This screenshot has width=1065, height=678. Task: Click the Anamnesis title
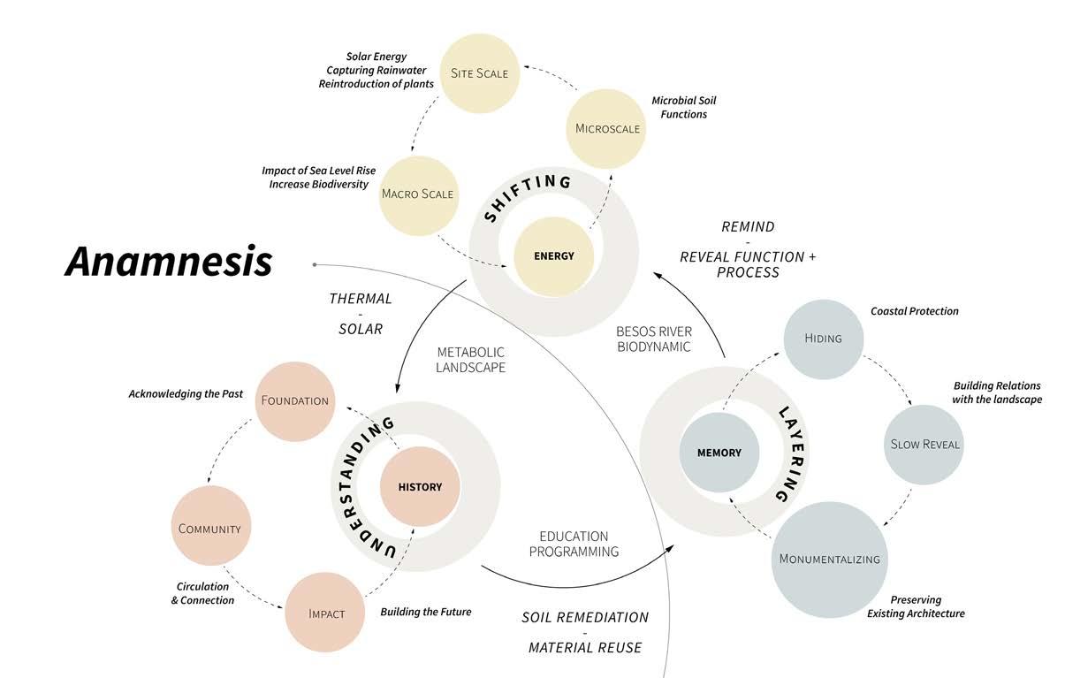[x=168, y=261]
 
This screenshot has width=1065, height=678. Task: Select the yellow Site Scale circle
[x=480, y=72]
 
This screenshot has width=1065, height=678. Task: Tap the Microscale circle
[x=606, y=128]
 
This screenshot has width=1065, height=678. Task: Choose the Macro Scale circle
[x=417, y=194]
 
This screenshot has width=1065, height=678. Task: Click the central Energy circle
[x=554, y=256]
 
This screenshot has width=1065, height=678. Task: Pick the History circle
[x=420, y=487]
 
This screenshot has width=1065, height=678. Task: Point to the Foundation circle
[x=294, y=400]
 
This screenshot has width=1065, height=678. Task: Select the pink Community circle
[x=209, y=529]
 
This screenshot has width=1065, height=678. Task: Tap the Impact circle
[x=326, y=613]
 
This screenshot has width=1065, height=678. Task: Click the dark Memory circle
[x=719, y=453]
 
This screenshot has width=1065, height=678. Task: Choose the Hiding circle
[x=823, y=338]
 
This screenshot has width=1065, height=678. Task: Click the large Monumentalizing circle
[x=829, y=559]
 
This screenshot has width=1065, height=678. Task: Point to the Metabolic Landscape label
[x=470, y=359]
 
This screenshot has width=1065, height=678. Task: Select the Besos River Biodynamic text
[x=654, y=339]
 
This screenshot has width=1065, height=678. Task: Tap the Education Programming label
[x=574, y=544]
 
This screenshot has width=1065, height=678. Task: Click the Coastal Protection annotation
[x=914, y=311]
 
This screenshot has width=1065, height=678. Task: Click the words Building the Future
[x=425, y=612]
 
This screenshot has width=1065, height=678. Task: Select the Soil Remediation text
[x=585, y=617]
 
